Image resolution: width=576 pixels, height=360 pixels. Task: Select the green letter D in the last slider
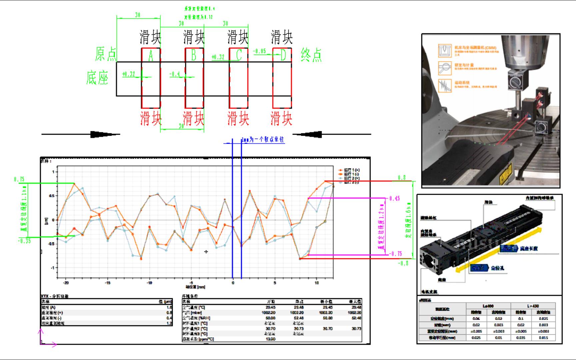click(x=283, y=55)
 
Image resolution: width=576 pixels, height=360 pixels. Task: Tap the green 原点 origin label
click(x=106, y=54)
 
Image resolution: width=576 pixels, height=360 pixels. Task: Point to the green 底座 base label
click(x=97, y=78)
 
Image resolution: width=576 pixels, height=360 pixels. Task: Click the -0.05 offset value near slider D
click(x=260, y=51)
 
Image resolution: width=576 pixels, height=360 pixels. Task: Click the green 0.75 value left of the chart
click(x=19, y=179)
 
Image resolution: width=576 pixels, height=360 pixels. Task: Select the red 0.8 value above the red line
click(x=402, y=178)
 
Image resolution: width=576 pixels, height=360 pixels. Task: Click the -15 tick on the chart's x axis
click(x=107, y=283)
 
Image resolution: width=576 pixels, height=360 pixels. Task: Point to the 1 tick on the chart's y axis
click(x=53, y=172)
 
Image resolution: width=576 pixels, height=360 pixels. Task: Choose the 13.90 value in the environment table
click(x=271, y=339)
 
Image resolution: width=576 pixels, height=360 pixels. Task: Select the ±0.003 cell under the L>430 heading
click(x=544, y=331)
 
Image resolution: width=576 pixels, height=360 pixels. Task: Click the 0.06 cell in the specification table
click(x=476, y=319)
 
